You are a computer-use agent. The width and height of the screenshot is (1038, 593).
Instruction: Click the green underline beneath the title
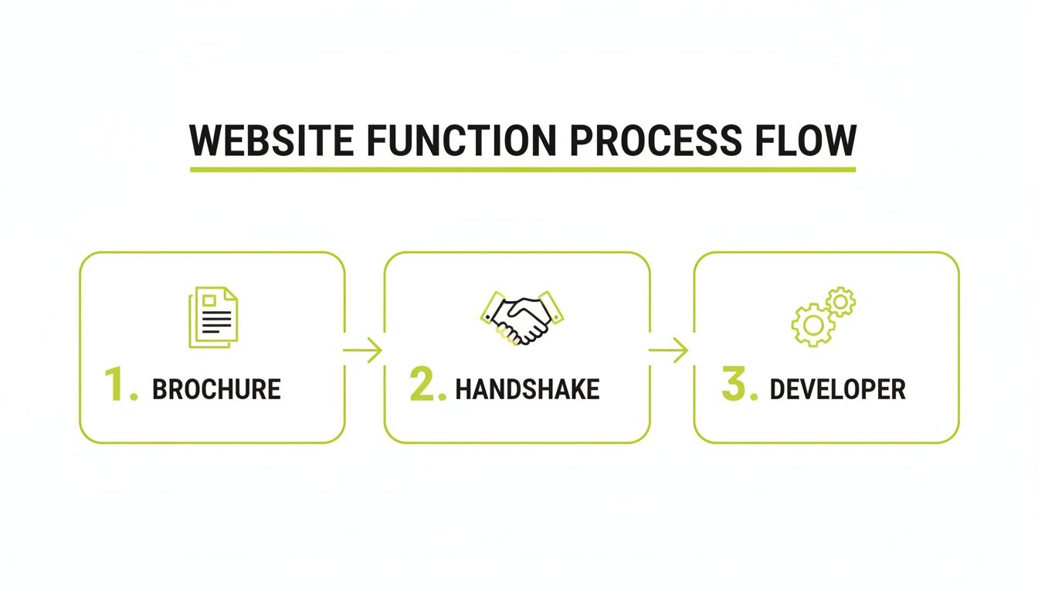click(523, 168)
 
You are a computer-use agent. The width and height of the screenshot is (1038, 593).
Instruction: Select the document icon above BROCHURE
click(214, 317)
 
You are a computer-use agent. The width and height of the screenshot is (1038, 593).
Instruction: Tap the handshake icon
click(522, 317)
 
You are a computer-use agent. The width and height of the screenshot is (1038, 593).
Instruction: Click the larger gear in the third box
click(811, 325)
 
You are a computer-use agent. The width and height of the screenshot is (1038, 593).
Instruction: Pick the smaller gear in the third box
click(840, 302)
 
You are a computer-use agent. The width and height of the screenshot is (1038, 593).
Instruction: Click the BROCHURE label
click(216, 389)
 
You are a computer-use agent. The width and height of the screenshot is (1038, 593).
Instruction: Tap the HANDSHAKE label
click(527, 389)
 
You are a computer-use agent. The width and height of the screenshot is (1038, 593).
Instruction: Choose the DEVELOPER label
click(838, 389)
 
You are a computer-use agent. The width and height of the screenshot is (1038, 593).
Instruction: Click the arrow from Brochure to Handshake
click(364, 351)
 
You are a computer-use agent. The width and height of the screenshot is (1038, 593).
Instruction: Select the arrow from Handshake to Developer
click(670, 351)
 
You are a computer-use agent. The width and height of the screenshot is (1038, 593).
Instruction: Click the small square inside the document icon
click(209, 300)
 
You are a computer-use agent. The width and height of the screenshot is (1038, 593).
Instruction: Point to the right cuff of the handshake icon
click(554, 305)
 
